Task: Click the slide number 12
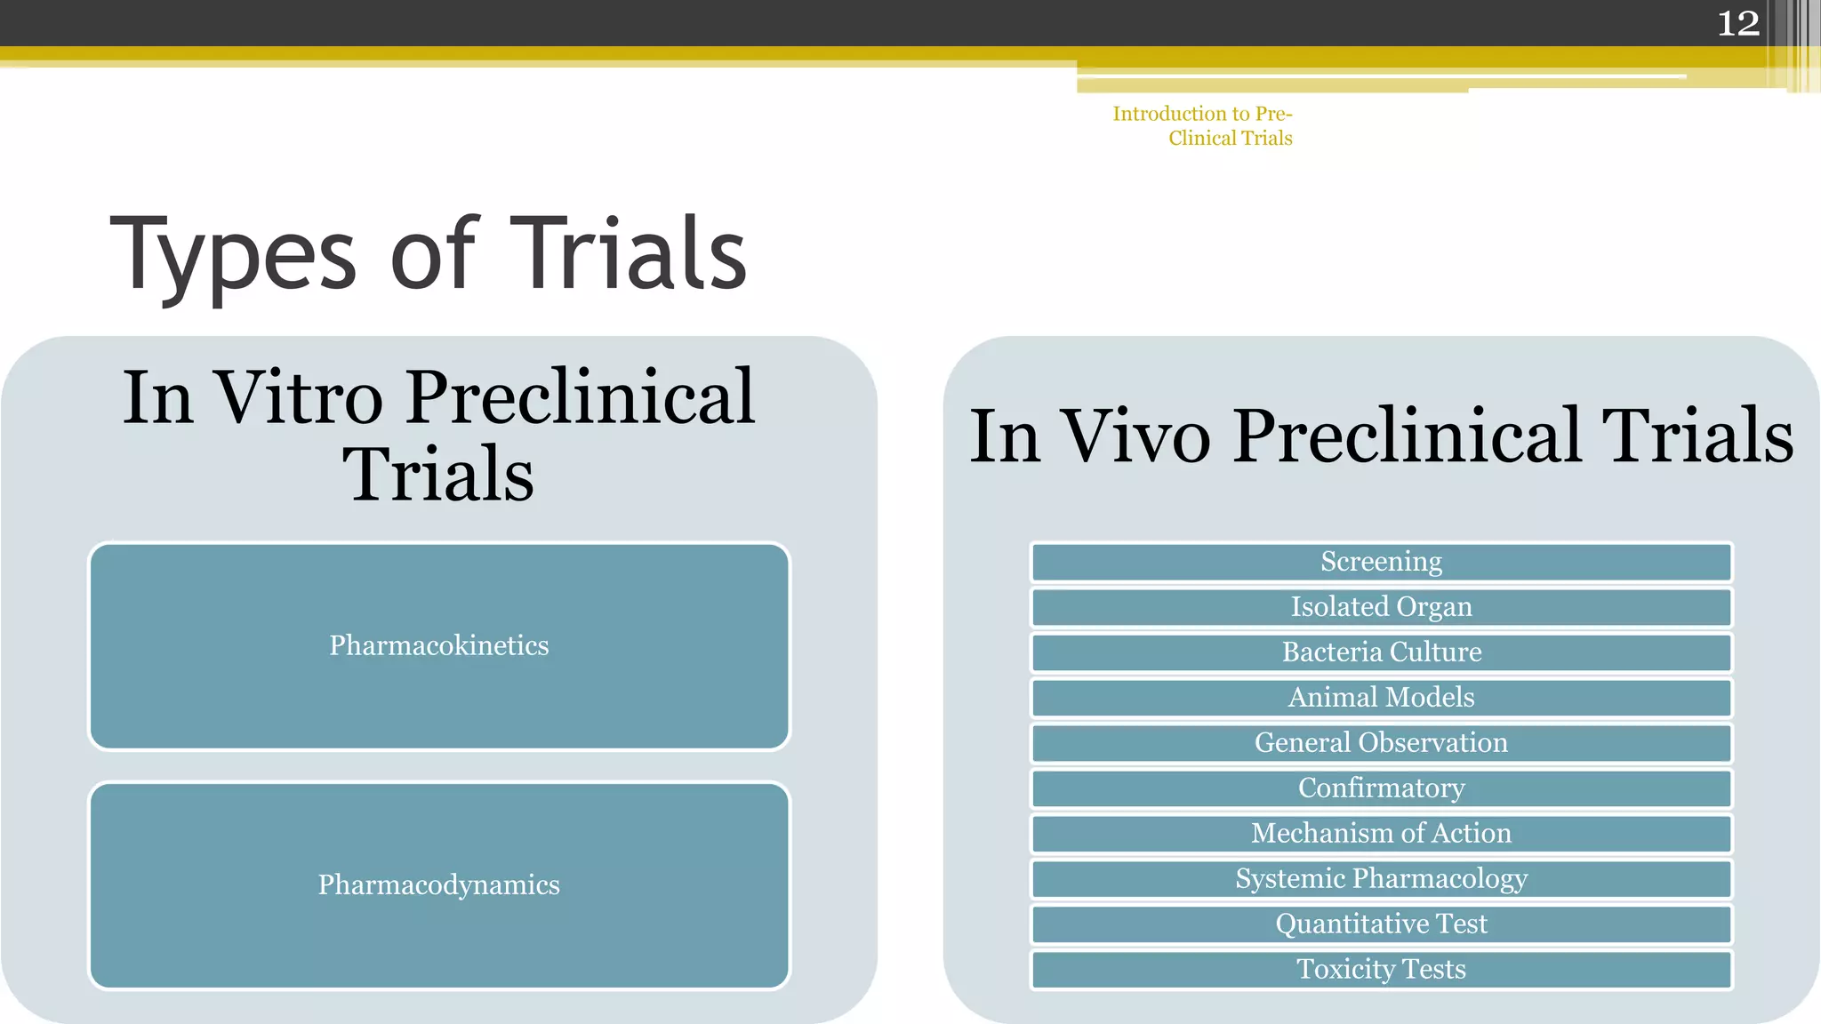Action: coord(1737,23)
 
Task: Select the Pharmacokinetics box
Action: coord(439,646)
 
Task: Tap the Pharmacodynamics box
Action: coord(439,885)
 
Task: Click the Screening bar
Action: coord(1381,562)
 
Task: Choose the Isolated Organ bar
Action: coord(1381,607)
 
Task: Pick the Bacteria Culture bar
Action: coord(1381,652)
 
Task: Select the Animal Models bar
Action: coord(1381,698)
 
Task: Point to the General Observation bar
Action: coord(1381,743)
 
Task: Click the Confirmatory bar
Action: coord(1381,788)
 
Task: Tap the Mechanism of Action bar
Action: coord(1381,834)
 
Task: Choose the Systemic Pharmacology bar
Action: coord(1381,879)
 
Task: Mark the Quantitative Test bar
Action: coord(1381,924)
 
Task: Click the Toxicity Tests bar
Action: coord(1381,970)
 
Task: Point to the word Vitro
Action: coord(299,397)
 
